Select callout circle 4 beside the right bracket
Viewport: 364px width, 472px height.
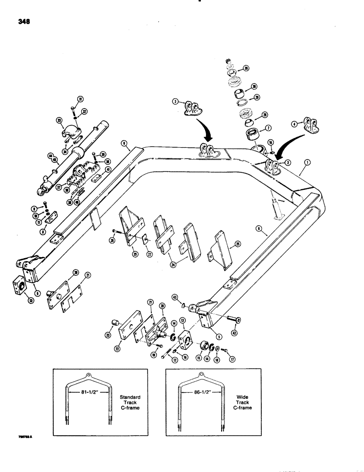coord(295,125)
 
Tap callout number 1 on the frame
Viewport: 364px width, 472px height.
coord(307,162)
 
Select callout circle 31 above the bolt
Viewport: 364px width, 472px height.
coord(80,99)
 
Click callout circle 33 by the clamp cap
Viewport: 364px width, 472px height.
coord(59,120)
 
